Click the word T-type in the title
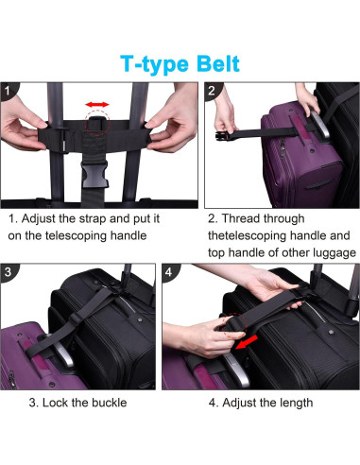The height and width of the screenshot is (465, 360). coord(154,64)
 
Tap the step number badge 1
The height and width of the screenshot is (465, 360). coord(8,91)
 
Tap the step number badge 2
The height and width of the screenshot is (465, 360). coord(212,91)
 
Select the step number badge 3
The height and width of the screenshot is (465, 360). coord(9,272)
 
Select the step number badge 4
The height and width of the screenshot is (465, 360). coord(169,272)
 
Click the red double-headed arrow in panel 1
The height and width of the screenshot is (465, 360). coord(97,105)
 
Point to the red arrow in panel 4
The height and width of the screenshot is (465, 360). coord(247,342)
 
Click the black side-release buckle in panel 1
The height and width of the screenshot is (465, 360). coord(94,174)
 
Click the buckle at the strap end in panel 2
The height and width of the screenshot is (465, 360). coord(223,136)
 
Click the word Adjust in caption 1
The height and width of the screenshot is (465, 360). coord(39,219)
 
